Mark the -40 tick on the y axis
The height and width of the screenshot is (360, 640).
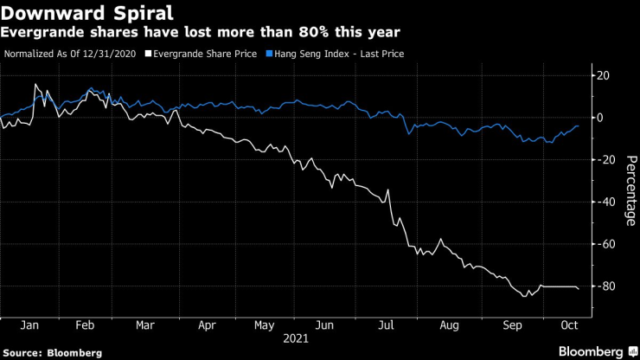[602, 202]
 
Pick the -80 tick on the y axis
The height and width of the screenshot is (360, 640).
[602, 286]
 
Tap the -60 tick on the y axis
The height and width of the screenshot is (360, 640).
[602, 245]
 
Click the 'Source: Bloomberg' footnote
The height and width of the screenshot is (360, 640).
[52, 353]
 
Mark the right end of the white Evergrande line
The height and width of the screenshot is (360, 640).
[579, 289]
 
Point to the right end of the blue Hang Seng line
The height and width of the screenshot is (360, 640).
[578, 126]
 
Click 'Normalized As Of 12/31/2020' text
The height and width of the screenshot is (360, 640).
[69, 54]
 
